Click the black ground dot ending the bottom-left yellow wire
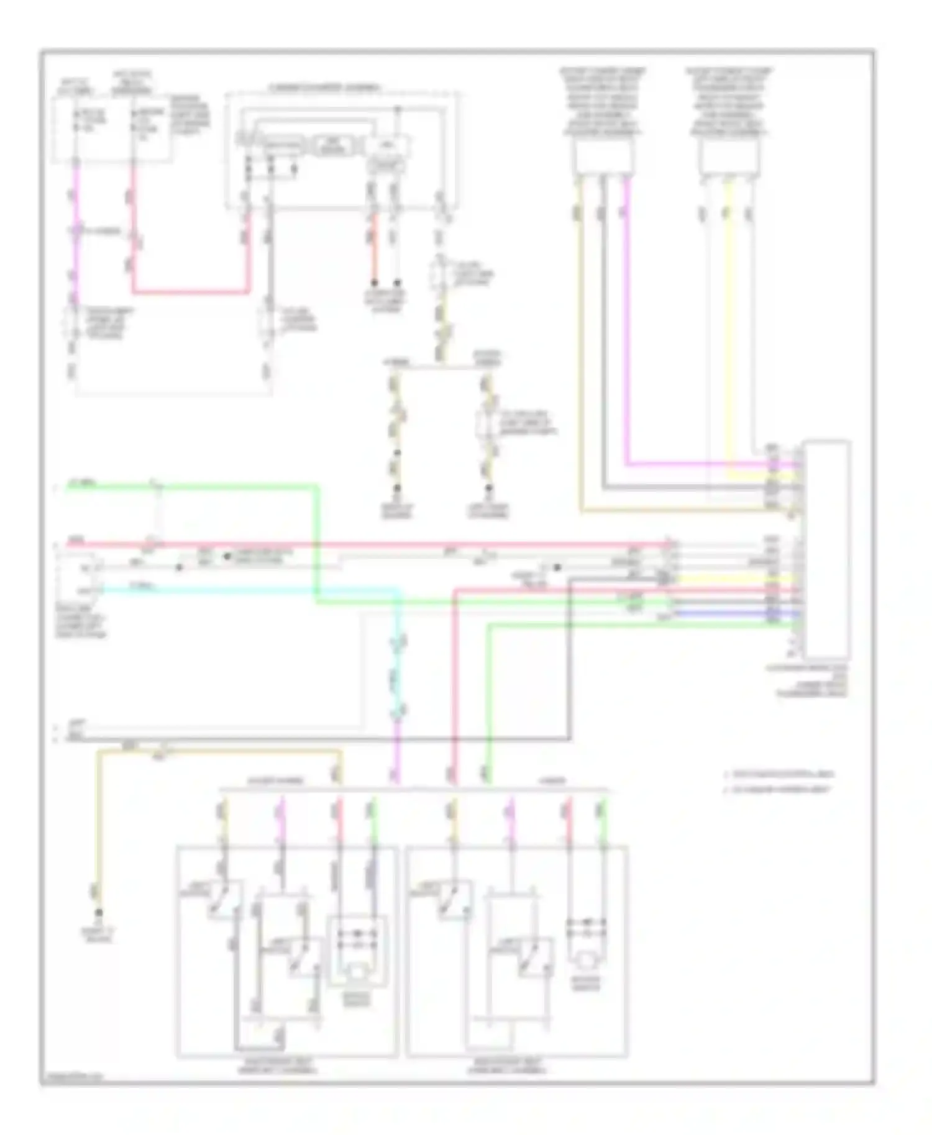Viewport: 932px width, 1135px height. click(98, 913)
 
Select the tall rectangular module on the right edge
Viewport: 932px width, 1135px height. click(826, 549)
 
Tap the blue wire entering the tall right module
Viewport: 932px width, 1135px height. click(733, 613)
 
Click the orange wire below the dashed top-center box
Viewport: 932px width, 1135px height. click(374, 248)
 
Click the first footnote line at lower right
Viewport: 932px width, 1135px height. click(780, 774)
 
